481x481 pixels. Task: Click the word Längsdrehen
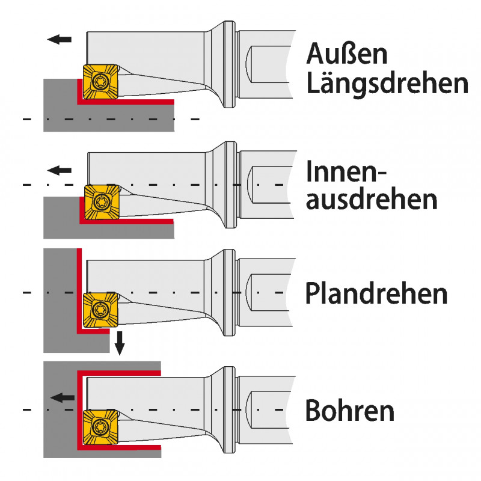[387, 84]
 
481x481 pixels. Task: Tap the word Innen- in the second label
[345, 172]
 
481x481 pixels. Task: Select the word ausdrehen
[372, 200]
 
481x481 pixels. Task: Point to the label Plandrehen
[376, 294]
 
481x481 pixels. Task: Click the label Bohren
[350, 411]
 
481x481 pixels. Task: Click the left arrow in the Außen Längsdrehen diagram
[59, 40]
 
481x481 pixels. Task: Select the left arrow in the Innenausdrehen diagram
[59, 170]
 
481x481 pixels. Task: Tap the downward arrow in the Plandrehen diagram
[120, 343]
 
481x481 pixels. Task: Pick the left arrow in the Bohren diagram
[63, 397]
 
